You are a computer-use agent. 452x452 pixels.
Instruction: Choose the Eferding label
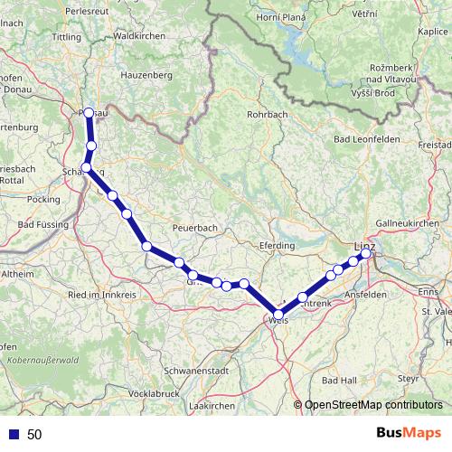[x=277, y=245]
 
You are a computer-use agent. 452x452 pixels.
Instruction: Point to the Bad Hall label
[x=340, y=380]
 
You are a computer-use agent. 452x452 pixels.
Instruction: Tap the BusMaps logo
[x=409, y=434]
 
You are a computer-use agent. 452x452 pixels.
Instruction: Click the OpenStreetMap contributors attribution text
[x=372, y=405]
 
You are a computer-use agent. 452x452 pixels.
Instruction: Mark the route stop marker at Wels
[x=278, y=315]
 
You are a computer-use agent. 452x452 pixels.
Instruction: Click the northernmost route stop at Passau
[x=88, y=113]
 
